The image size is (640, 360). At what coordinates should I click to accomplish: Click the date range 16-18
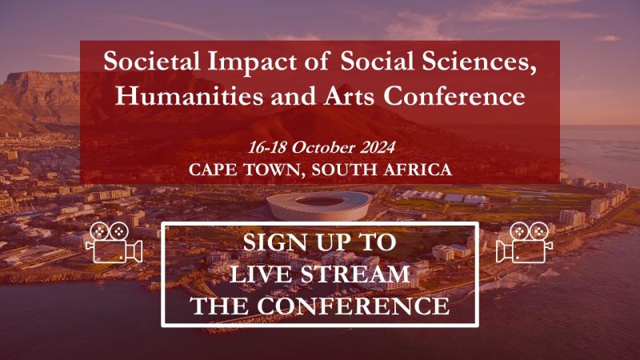tap(270, 149)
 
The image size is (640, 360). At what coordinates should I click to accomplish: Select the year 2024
tap(374, 149)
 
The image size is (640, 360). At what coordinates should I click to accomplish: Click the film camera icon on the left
tap(112, 241)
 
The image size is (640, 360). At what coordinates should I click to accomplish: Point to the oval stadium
tap(318, 205)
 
